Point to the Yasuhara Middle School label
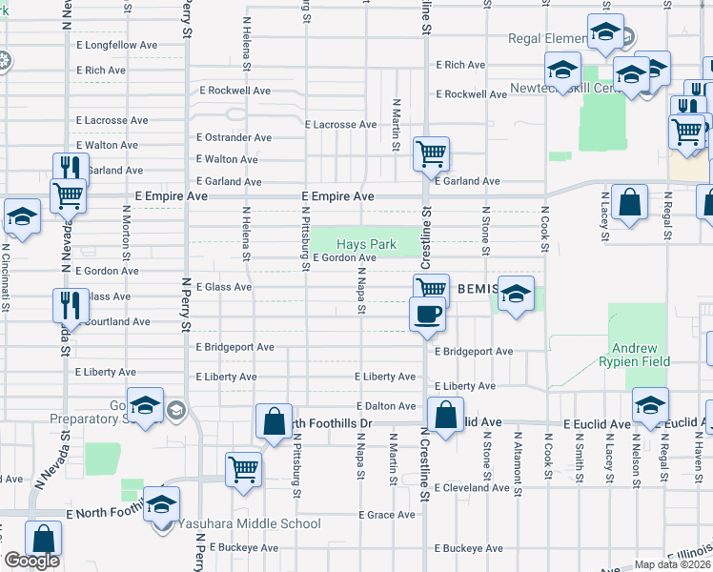tap(247, 523)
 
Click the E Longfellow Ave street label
tap(116, 45)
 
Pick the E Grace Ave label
tap(387, 515)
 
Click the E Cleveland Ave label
tap(474, 487)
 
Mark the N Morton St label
tap(126, 238)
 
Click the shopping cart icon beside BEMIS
tap(431, 288)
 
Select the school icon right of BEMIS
tap(516, 295)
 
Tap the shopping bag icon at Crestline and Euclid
tap(445, 415)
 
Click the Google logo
tap(32, 561)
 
